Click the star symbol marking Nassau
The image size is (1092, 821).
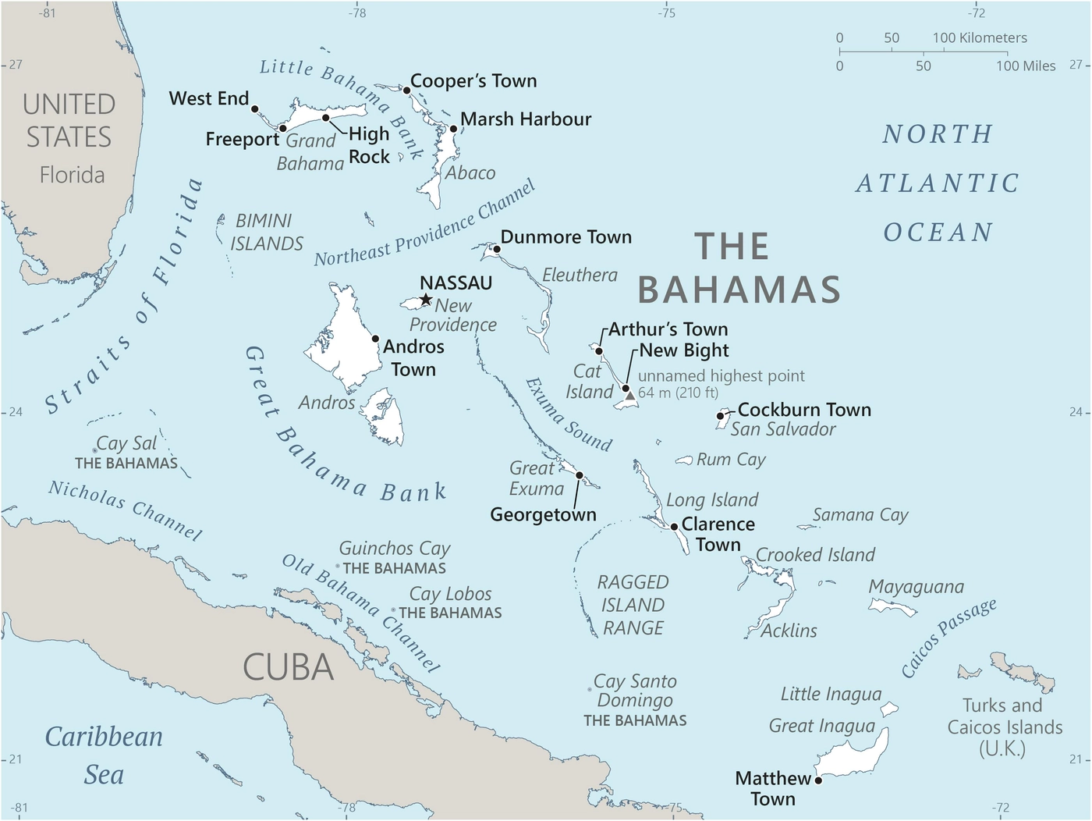coord(426,300)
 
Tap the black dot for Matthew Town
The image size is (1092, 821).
coord(818,780)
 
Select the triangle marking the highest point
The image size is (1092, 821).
coord(630,396)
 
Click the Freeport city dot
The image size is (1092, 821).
coord(283,128)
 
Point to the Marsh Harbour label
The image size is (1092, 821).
coord(526,119)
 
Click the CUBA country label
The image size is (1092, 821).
coord(288,668)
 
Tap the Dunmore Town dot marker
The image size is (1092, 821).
coord(497,250)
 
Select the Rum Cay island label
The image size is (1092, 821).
coord(731,460)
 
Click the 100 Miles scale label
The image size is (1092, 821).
coord(1025,66)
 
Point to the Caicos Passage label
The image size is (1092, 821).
coord(948,638)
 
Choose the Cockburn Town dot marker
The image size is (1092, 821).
coord(721,416)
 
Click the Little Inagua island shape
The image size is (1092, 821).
coord(889,709)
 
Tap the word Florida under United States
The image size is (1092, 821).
coord(72,175)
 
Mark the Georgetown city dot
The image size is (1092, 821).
coord(580,475)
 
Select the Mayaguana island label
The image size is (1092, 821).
coord(916,587)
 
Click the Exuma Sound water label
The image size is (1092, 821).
coord(569,415)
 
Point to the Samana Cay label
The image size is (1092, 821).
coord(860,515)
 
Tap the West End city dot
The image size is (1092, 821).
coord(254,109)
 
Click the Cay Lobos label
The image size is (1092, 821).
coord(451,594)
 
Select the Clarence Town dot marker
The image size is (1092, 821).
coord(675,527)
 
